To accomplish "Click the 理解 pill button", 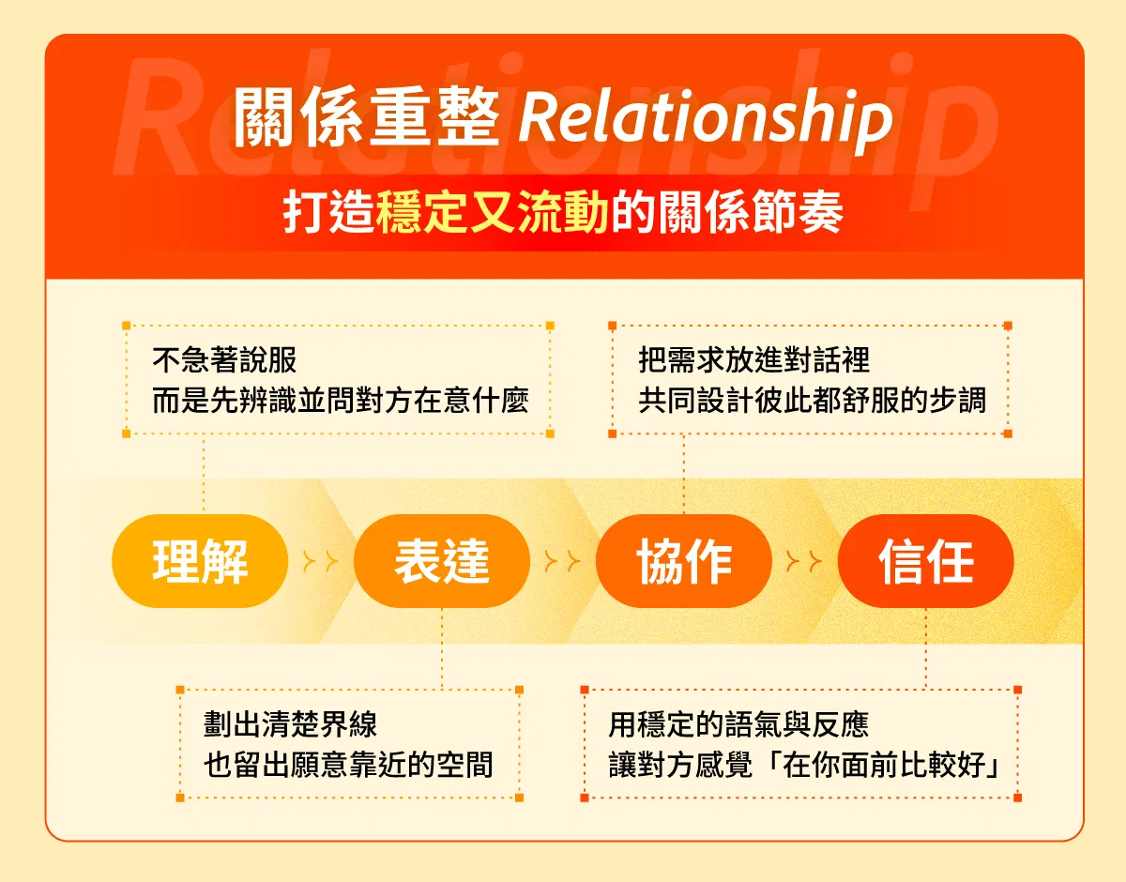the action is pyautogui.click(x=200, y=561).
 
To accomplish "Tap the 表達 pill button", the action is pyautogui.click(x=442, y=561).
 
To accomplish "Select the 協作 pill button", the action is pyautogui.click(x=683, y=561).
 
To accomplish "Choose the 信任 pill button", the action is pyautogui.click(x=925, y=561).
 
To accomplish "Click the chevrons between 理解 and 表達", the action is pyautogui.click(x=321, y=561).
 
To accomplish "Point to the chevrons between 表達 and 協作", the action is pyautogui.click(x=563, y=561).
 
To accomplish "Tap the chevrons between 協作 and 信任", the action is pyautogui.click(x=804, y=561).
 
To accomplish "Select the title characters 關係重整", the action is pyautogui.click(x=366, y=117).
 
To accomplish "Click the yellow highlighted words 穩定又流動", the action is pyautogui.click(x=493, y=212).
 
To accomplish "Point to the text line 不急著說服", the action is pyautogui.click(x=224, y=360).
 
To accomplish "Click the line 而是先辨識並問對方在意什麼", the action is pyautogui.click(x=341, y=401).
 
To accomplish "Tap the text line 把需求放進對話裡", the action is pyautogui.click(x=753, y=360).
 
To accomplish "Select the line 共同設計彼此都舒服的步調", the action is pyautogui.click(x=812, y=401).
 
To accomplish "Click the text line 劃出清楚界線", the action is pyautogui.click(x=290, y=724).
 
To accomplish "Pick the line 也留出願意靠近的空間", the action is pyautogui.click(x=348, y=765).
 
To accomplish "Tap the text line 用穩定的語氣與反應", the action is pyautogui.click(x=738, y=724).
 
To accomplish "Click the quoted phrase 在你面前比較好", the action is pyautogui.click(x=884, y=765).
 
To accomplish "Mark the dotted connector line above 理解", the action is pyautogui.click(x=203, y=475).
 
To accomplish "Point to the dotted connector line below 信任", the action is pyautogui.click(x=926, y=648).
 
